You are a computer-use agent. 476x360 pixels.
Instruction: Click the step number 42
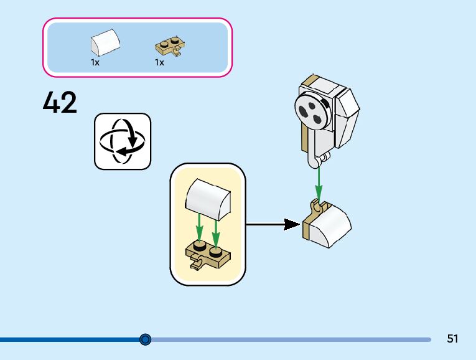pos(60,102)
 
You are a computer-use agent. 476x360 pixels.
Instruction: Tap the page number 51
pos(452,338)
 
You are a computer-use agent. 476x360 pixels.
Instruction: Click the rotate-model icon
pos(123,141)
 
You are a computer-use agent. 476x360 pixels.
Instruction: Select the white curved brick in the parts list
pos(105,42)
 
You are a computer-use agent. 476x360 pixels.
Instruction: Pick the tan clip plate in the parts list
pos(170,47)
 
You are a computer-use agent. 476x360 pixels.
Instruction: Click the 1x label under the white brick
pos(95,62)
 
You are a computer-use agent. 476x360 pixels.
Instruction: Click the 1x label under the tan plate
pos(159,62)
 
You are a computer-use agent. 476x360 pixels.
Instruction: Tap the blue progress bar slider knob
pos(146,339)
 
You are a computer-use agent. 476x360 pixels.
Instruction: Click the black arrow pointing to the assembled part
pos(273,224)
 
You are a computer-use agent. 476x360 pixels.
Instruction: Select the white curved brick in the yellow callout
pos(208,199)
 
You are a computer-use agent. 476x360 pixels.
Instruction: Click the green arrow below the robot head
pos(319,182)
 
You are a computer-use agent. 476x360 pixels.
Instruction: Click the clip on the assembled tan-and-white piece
pos(317,206)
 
